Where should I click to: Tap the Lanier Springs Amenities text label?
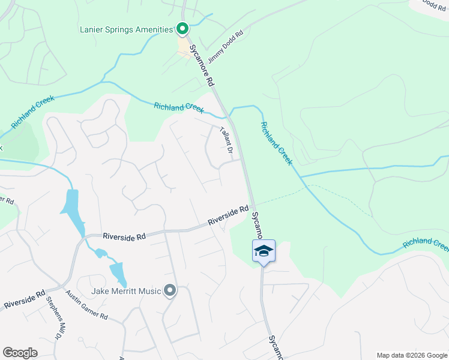pos(126,29)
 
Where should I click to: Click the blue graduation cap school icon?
pos(264,251)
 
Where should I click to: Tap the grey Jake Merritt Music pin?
pos(170,291)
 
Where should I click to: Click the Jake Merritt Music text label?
pos(126,292)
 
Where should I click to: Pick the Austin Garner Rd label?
pos(86,305)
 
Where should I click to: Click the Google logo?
pos(20,352)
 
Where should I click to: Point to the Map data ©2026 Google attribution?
pos(411,355)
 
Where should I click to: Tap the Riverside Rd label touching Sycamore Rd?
pos(228,216)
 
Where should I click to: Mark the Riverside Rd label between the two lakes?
pos(124,237)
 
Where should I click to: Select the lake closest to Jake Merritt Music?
pos(118,273)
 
